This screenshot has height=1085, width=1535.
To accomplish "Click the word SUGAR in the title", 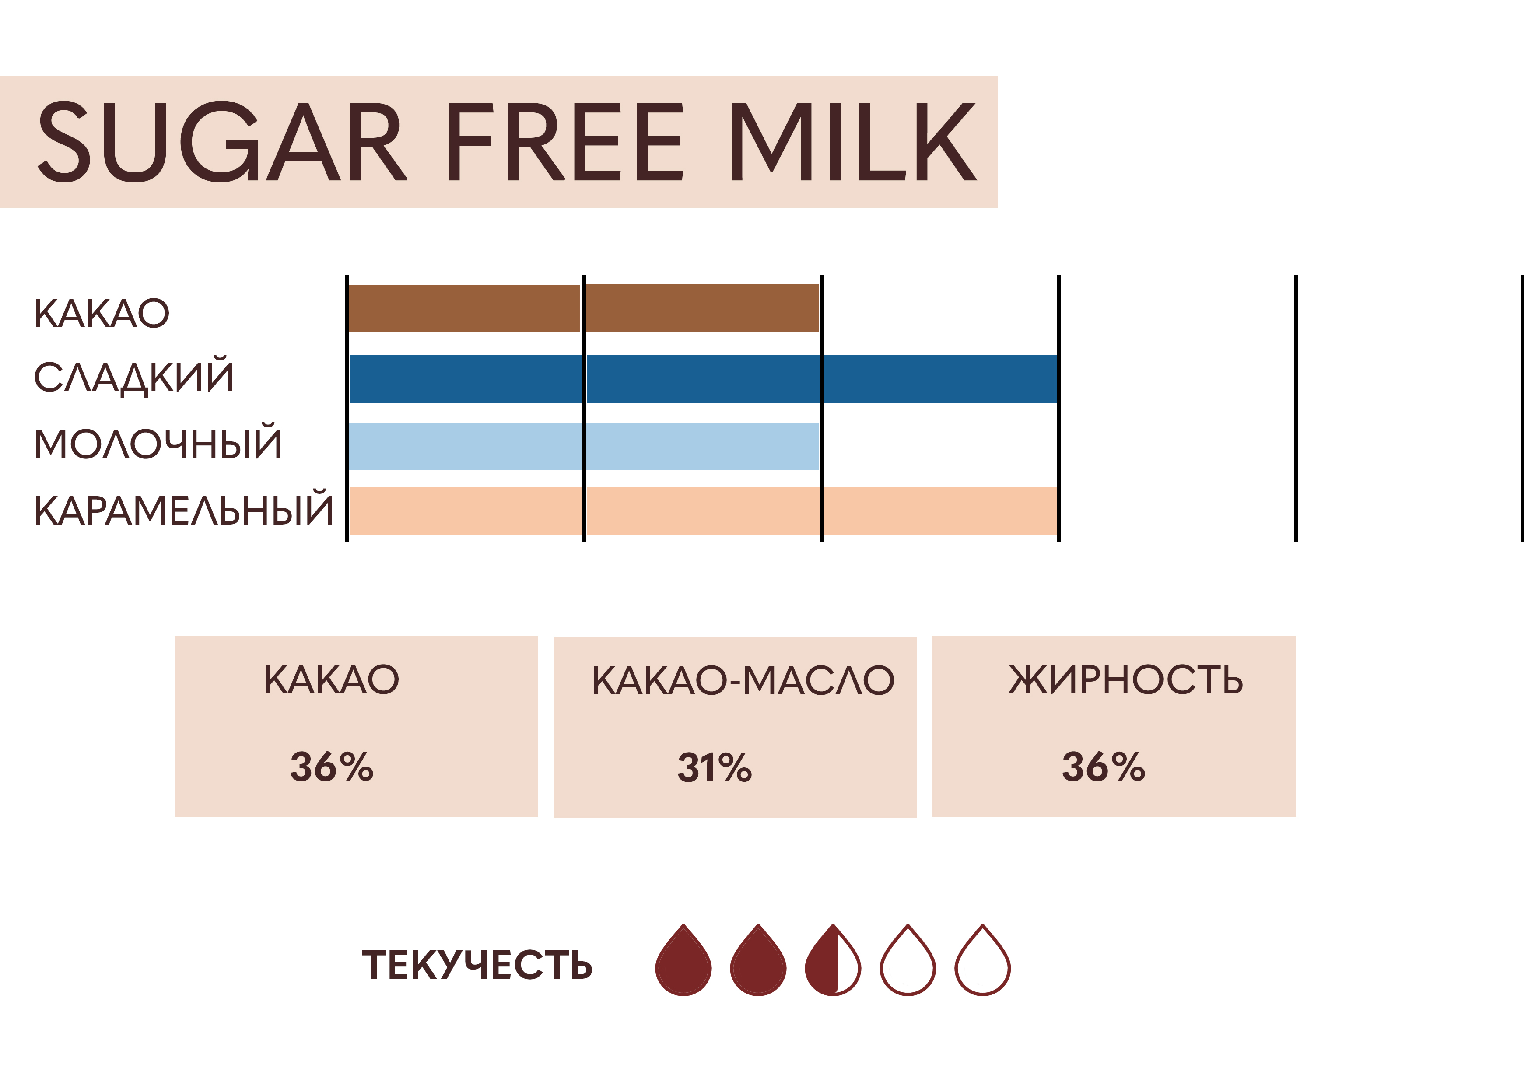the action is pyautogui.click(x=222, y=142).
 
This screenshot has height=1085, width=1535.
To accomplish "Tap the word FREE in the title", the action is pyautogui.click(x=566, y=142).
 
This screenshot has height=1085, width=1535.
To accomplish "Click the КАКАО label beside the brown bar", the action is pyautogui.click(x=102, y=314).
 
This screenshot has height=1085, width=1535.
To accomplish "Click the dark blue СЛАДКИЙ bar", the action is pyautogui.click(x=703, y=379).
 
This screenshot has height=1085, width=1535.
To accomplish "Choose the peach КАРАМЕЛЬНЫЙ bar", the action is pyautogui.click(x=703, y=511).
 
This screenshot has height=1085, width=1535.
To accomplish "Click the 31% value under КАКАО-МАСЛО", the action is pyautogui.click(x=715, y=767).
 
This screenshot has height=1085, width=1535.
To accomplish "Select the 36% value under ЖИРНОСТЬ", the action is pyautogui.click(x=1104, y=767).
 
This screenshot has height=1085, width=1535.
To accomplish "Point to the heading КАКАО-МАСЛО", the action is pyautogui.click(x=743, y=681).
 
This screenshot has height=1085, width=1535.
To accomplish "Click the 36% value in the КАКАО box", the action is pyautogui.click(x=332, y=767).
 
